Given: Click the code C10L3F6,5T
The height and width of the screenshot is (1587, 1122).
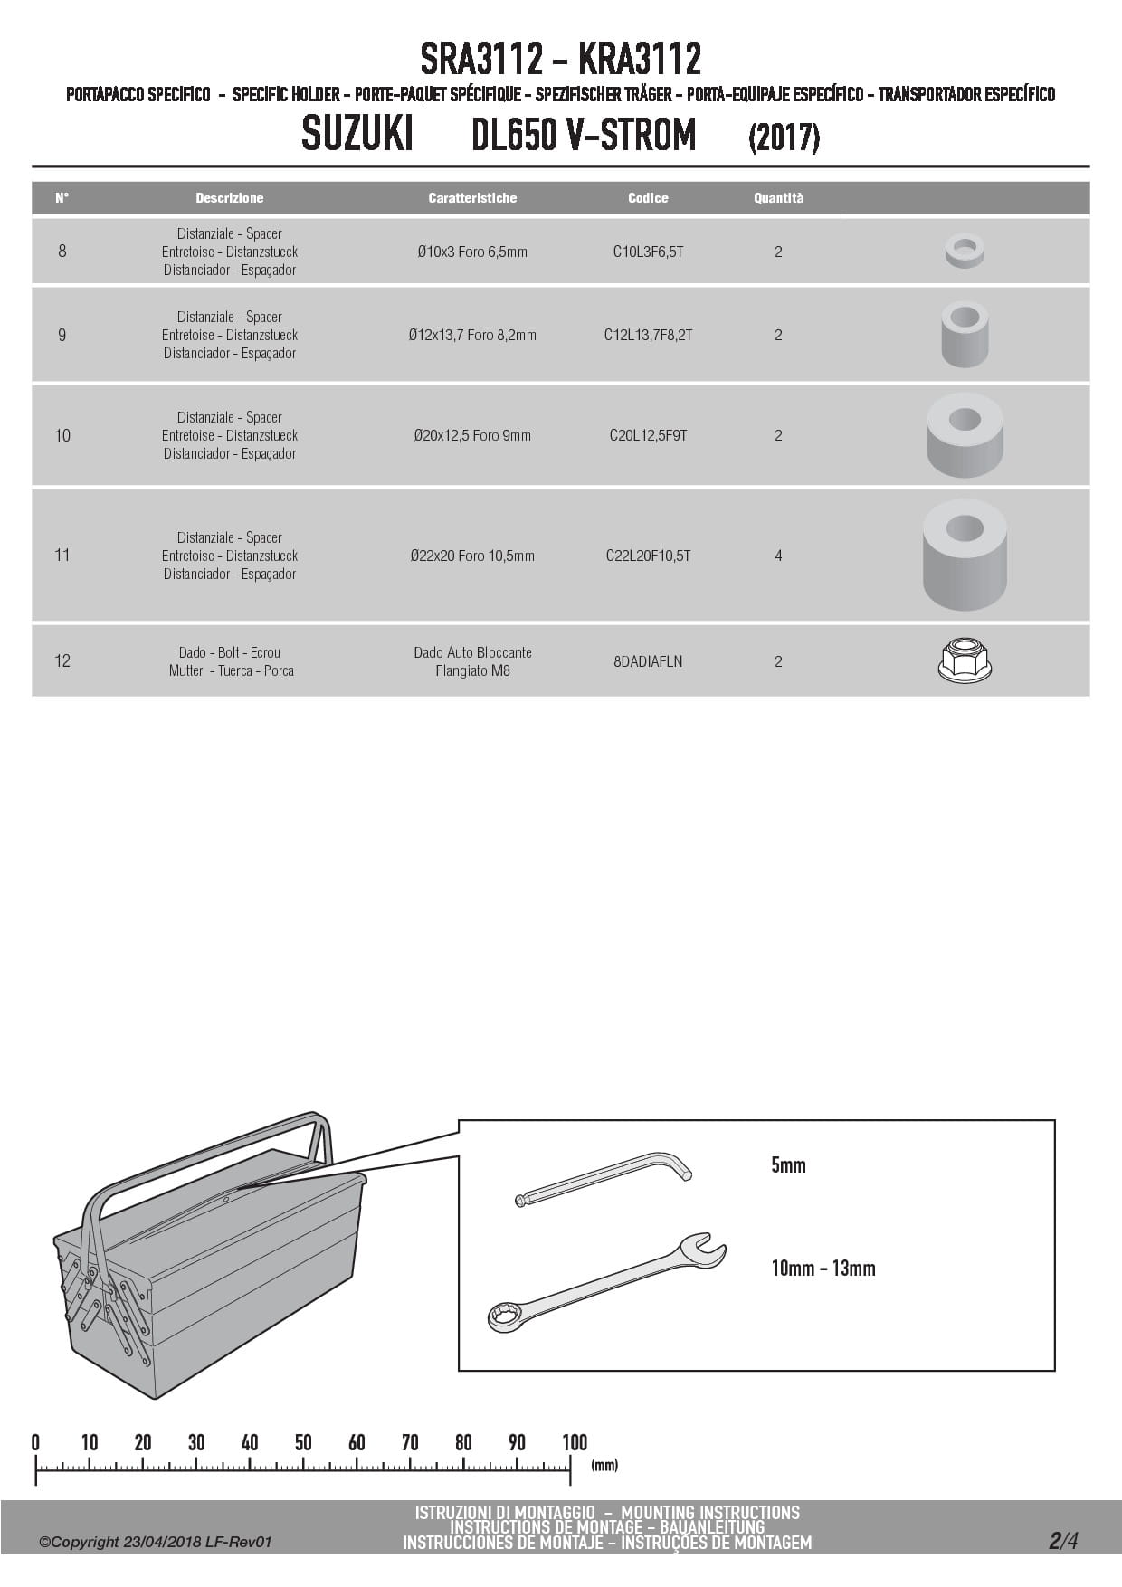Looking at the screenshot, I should (648, 252).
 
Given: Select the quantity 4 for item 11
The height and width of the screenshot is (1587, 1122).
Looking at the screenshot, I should (778, 556).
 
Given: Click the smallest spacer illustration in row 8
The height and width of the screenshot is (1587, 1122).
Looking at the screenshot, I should (965, 251).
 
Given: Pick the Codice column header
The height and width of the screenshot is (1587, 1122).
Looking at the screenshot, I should (648, 197).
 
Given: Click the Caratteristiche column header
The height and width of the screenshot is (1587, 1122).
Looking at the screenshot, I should (472, 197).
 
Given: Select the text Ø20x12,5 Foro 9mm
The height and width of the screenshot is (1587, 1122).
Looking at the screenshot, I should (472, 435).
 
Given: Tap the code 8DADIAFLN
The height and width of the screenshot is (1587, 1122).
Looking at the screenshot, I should (648, 661).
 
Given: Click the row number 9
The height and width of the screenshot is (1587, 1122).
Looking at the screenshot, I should (62, 335).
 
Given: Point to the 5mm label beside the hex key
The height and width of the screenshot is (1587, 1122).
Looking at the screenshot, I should (788, 1165).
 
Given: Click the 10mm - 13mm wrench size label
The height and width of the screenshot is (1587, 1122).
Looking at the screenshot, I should (823, 1269).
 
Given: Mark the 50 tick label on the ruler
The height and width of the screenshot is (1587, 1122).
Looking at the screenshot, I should (303, 1442).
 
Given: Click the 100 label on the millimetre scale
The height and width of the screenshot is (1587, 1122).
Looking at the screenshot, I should (575, 1442).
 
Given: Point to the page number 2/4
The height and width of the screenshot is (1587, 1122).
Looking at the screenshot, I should (1064, 1540).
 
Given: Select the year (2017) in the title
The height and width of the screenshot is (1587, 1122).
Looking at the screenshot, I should (784, 138).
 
